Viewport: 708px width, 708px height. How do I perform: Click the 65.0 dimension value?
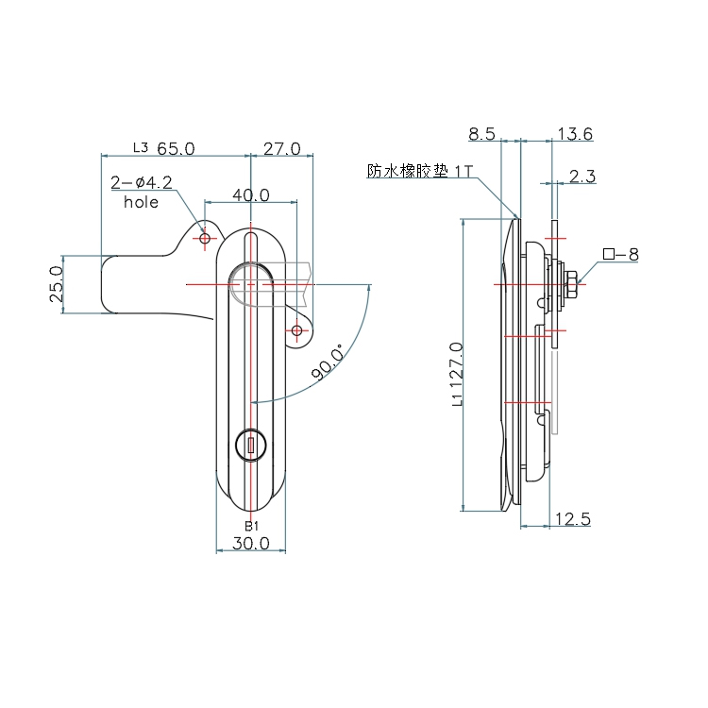tap(176, 148)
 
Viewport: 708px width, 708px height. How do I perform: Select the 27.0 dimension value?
tap(281, 148)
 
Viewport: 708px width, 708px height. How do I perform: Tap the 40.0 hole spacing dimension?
tap(251, 195)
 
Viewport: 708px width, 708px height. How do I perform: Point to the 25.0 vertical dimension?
tap(56, 284)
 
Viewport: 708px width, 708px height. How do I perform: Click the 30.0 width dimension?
tap(250, 543)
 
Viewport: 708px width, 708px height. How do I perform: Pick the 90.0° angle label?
tap(328, 362)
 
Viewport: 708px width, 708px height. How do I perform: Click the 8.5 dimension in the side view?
tap(481, 134)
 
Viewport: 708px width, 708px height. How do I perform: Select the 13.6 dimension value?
tap(575, 134)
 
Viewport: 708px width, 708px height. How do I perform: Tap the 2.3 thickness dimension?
tap(582, 177)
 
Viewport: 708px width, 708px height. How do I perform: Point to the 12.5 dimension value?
tap(573, 519)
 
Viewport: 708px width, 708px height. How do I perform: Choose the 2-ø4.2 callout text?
tap(142, 182)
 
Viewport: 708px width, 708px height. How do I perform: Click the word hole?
tap(141, 202)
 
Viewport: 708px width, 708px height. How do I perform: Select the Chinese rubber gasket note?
tap(420, 171)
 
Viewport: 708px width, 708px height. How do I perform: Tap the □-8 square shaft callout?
tap(621, 254)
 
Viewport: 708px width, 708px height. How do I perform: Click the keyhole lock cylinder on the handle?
tap(250, 446)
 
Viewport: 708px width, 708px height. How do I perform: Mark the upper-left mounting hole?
tap(205, 238)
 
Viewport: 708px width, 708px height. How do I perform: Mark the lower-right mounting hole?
tap(296, 330)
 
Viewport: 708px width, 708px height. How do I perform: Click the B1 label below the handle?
tap(251, 526)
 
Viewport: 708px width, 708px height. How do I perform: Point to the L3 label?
tap(141, 147)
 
